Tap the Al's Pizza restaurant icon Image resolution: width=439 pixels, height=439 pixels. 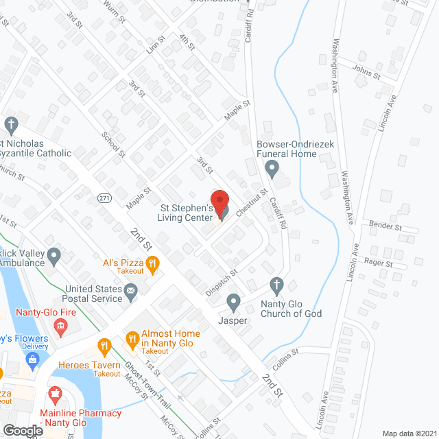pyautogui.click(x=153, y=262)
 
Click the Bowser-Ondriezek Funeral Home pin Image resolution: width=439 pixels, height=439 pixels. pyautogui.click(x=273, y=167)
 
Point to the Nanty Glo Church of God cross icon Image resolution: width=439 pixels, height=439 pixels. pyautogui.click(x=276, y=285)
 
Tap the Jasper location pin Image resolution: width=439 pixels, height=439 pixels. pyautogui.click(x=234, y=301)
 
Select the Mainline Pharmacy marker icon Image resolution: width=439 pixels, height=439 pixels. pyautogui.click(x=56, y=396)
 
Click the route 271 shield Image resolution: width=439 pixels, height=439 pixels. pyautogui.click(x=104, y=198)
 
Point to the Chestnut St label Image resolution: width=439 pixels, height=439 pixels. pyautogui.click(x=252, y=204)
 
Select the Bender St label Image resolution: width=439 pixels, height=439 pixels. pyautogui.click(x=385, y=225)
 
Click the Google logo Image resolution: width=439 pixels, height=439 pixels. pyautogui.click(x=23, y=430)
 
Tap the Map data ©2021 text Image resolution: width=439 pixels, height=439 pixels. pyautogui.click(x=409, y=433)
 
